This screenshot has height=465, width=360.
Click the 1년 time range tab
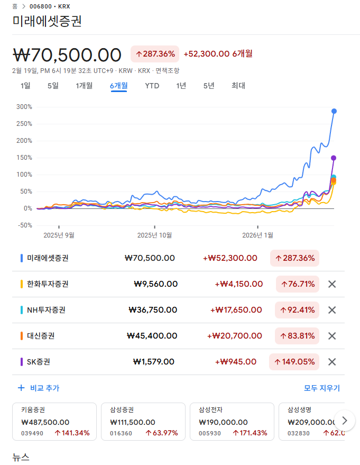[181, 86]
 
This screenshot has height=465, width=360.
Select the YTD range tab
[152, 86]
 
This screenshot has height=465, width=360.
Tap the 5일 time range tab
[53, 86]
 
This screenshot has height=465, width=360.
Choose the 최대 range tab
[238, 86]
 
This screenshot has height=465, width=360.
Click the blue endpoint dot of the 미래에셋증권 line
[334, 111]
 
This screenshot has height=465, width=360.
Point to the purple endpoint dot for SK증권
[334, 158]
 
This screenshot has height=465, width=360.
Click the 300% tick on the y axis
[24, 107]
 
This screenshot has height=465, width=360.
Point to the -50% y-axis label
[24, 225]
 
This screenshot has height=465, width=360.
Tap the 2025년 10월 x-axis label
[154, 235]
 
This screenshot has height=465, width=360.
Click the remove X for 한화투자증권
[332, 284]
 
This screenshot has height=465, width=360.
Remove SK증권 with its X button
[332, 362]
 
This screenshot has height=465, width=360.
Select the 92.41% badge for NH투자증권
[297, 310]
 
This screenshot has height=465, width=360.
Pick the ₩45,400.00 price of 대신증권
[151, 336]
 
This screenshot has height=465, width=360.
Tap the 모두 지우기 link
[321, 388]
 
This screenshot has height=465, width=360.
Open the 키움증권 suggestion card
[54, 422]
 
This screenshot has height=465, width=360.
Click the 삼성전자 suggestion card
[232, 422]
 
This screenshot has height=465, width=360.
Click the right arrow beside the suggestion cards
[345, 421]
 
